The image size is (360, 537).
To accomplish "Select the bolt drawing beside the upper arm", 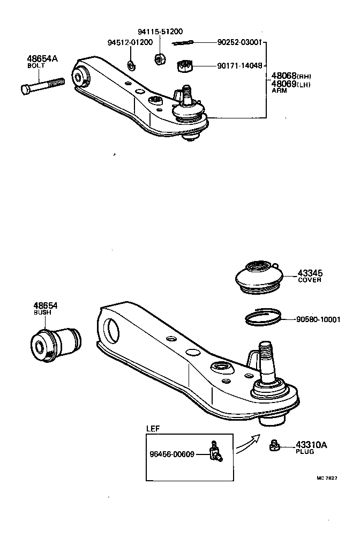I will [x=42, y=86].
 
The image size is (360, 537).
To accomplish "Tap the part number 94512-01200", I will [x=130, y=42].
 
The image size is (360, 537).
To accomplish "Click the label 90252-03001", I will [x=239, y=42].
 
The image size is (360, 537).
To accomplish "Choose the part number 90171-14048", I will [x=239, y=66].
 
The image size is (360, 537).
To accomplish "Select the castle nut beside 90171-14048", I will [x=184, y=66].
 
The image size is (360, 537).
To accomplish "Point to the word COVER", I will [x=309, y=280].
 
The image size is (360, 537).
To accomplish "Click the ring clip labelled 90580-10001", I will [x=263, y=318].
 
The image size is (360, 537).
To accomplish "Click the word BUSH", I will [x=42, y=312].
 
